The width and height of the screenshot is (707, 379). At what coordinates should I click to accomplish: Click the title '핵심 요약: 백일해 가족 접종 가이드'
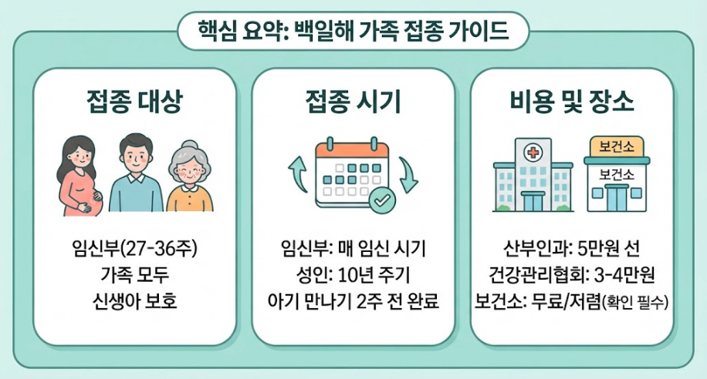(x=353, y=31)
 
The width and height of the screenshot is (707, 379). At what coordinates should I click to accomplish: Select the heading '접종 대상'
(x=135, y=101)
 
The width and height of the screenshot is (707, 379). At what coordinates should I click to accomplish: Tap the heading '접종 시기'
(x=353, y=101)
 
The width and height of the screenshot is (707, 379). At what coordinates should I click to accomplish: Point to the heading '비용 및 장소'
(x=572, y=101)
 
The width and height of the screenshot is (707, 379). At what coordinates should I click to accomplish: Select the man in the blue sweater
(x=136, y=173)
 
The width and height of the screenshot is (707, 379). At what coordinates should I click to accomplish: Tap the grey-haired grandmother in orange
(x=190, y=178)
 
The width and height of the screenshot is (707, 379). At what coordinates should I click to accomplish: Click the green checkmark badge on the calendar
(x=382, y=200)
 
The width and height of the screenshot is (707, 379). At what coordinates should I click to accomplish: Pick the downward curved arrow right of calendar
(x=408, y=175)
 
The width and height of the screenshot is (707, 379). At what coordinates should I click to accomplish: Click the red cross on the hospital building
(x=533, y=153)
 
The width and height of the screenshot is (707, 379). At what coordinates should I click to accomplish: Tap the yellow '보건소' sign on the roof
(x=617, y=146)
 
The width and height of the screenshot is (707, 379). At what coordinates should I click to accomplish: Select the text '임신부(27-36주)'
(x=135, y=248)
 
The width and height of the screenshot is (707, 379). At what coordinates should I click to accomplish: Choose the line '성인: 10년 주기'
(x=353, y=275)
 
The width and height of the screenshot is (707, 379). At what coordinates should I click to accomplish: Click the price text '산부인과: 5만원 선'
(x=571, y=248)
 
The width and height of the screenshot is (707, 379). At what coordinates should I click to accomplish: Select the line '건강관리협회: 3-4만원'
(x=571, y=275)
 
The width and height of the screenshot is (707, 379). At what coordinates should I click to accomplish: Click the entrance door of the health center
(x=617, y=198)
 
